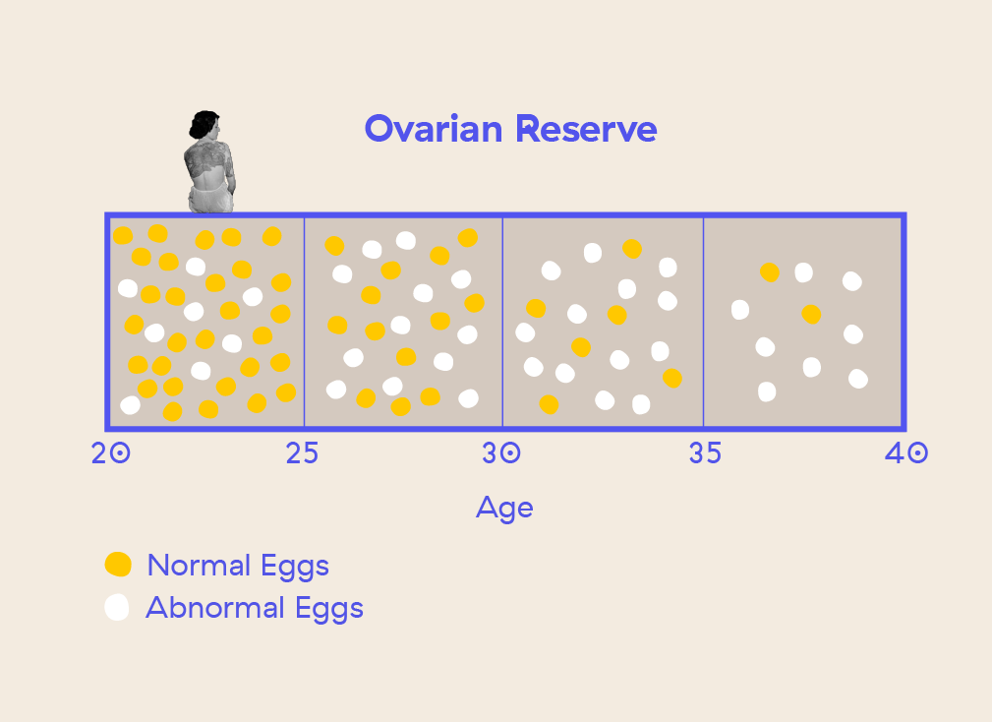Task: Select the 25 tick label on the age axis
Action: [x=302, y=453]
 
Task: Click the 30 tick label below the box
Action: [x=501, y=453]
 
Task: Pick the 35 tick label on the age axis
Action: [x=704, y=453]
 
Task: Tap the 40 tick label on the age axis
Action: [x=904, y=453]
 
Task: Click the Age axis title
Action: [x=504, y=508]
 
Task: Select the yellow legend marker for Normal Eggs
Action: [x=118, y=565]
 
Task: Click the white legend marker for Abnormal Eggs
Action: [x=118, y=608]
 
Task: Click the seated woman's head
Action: [x=205, y=125]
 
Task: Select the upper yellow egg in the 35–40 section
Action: [x=770, y=272]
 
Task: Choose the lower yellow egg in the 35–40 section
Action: [x=811, y=315]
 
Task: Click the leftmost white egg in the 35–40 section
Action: [x=740, y=310]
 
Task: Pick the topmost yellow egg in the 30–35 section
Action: [x=632, y=249]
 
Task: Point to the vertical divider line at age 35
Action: [x=703, y=322]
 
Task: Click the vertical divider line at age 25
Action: [x=304, y=322]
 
